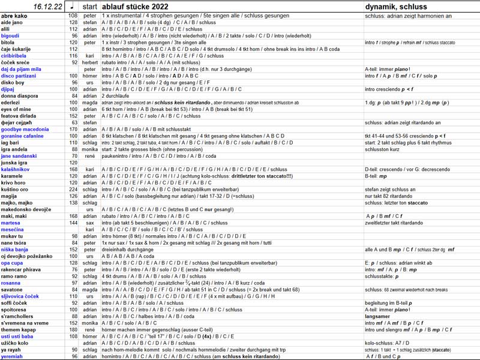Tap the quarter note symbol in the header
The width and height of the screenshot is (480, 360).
[73, 6]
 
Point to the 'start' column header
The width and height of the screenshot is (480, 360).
[90, 7]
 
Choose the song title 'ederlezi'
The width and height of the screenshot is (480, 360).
[11, 102]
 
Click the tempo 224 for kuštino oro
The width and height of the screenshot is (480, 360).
[73, 189]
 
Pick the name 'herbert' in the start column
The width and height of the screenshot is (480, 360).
[90, 62]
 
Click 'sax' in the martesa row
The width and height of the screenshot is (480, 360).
[90, 223]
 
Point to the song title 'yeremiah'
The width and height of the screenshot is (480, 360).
[13, 356]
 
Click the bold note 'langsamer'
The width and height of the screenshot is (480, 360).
[377, 316]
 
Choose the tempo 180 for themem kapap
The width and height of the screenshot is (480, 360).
[73, 329]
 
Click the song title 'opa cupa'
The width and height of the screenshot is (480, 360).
[13, 263]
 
